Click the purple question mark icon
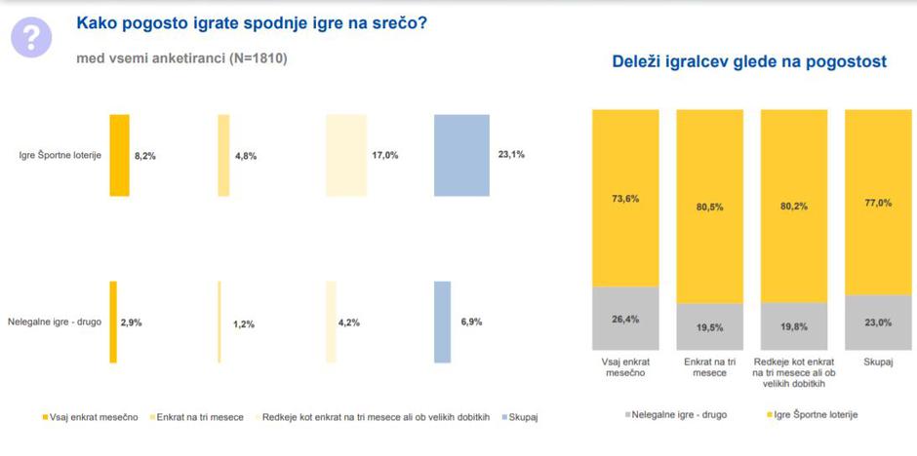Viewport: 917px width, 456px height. pyautogui.click(x=31, y=37)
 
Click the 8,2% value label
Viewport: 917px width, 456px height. pyautogui.click(x=145, y=155)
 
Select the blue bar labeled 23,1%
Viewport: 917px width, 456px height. pyautogui.click(x=461, y=155)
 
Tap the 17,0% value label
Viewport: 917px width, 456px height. pyautogui.click(x=385, y=155)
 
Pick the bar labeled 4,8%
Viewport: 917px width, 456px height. pyautogui.click(x=223, y=155)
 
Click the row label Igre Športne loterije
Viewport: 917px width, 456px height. pyautogui.click(x=60, y=155)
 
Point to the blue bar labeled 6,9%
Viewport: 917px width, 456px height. pyautogui.click(x=442, y=322)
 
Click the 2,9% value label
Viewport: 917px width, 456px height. pyautogui.click(x=131, y=322)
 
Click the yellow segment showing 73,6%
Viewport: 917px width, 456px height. pyautogui.click(x=625, y=198)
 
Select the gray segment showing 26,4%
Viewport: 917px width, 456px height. pyautogui.click(x=625, y=319)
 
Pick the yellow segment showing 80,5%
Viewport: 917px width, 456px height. pyautogui.click(x=709, y=206)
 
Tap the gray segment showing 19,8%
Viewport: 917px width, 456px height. pyautogui.click(x=794, y=326)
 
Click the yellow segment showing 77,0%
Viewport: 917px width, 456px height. pyautogui.click(x=878, y=202)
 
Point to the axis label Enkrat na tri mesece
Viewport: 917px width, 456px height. pyautogui.click(x=709, y=366)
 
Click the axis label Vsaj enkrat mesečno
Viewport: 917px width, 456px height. pyautogui.click(x=625, y=366)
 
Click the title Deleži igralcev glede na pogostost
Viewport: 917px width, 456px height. pyautogui.click(x=748, y=61)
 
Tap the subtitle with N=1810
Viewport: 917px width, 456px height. pyautogui.click(x=181, y=58)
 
